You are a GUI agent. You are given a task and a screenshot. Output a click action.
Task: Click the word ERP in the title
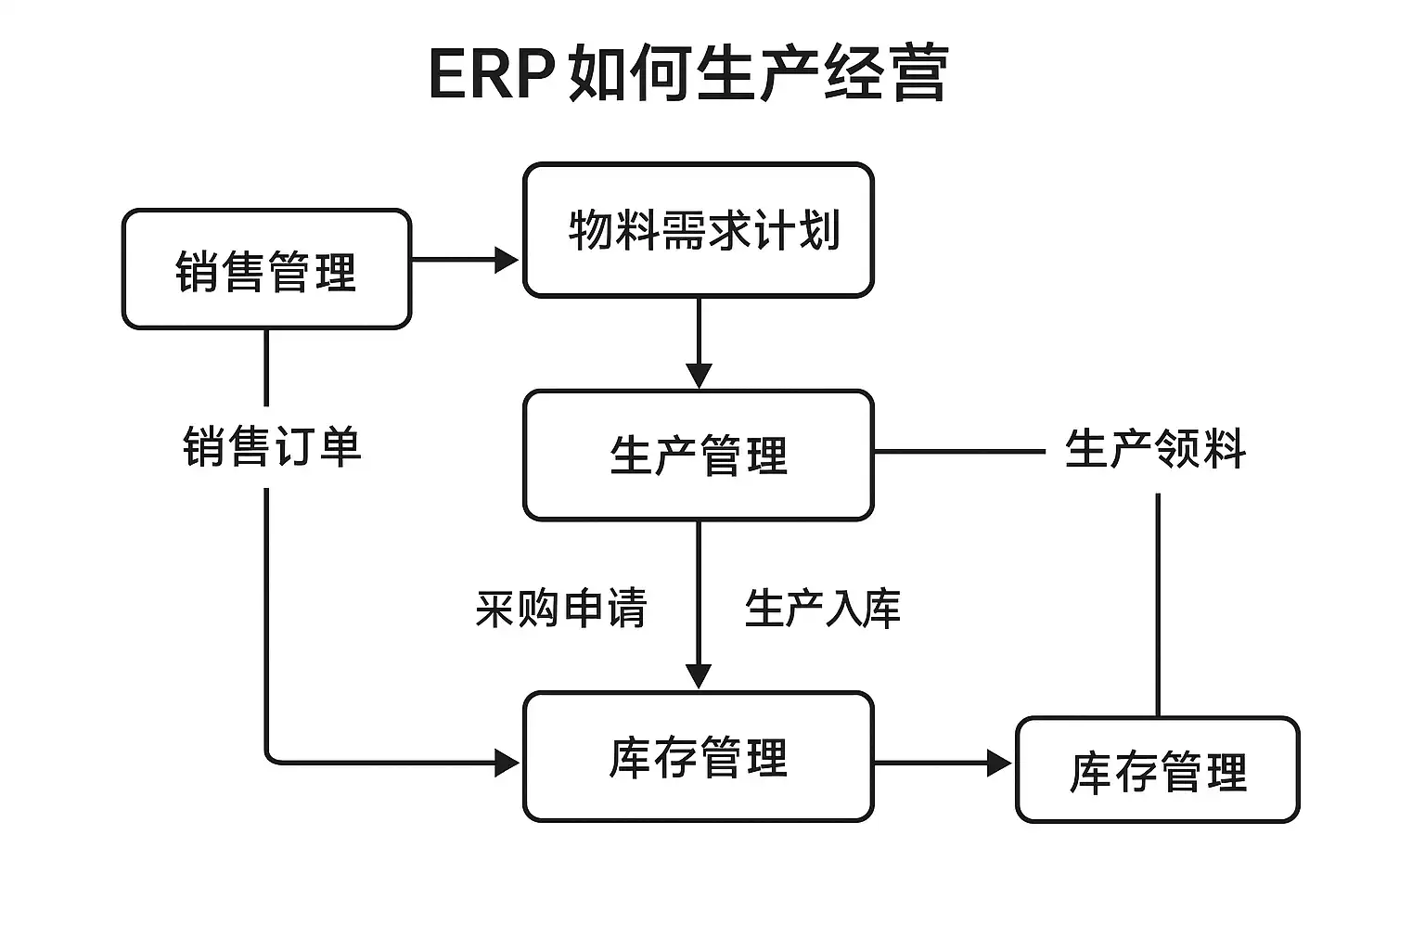pyautogui.click(x=492, y=74)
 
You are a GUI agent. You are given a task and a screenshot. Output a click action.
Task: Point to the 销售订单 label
pyautogui.click(x=272, y=446)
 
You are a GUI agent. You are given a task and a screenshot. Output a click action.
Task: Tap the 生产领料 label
pyautogui.click(x=1155, y=449)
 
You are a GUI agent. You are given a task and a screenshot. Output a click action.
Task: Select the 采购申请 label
pyautogui.click(x=561, y=609)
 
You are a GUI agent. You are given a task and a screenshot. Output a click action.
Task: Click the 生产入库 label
pyautogui.click(x=823, y=609)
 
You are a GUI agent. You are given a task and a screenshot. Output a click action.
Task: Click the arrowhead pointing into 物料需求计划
pyautogui.click(x=507, y=260)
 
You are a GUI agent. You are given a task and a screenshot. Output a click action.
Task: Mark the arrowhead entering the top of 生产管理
pyautogui.click(x=699, y=376)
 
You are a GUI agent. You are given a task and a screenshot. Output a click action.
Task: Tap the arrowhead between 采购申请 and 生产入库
pyautogui.click(x=699, y=676)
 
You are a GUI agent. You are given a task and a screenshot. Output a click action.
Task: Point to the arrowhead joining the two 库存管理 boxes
pyautogui.click(x=999, y=763)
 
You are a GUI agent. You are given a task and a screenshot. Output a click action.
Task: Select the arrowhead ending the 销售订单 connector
pyautogui.click(x=507, y=763)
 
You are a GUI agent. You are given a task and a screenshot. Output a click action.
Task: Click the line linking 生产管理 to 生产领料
pyautogui.click(x=960, y=451)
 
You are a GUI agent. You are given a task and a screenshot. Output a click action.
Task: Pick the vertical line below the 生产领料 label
pyautogui.click(x=1158, y=605)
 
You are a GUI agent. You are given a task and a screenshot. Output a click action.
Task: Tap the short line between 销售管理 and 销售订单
pyautogui.click(x=266, y=367)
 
